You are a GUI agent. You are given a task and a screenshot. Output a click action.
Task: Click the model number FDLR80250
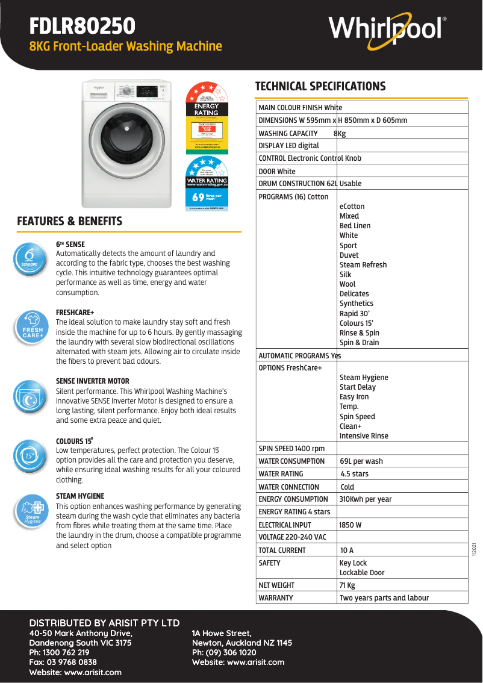83,27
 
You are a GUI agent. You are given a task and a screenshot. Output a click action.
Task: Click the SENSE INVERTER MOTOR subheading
92,381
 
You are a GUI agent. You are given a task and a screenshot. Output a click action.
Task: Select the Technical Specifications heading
320,86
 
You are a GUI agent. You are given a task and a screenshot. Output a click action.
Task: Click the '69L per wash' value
361,461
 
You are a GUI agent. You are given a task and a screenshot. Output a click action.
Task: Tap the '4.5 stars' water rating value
355,474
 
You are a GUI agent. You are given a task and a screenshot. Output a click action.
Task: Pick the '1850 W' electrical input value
351,525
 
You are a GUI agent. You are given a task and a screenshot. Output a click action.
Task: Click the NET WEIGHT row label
276,585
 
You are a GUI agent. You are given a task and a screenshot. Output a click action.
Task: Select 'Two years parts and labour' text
384,598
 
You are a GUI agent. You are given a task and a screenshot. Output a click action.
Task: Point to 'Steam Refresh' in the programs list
363,265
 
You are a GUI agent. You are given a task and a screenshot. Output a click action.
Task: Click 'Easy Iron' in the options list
354,397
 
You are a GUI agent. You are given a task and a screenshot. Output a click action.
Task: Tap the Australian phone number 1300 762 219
59,653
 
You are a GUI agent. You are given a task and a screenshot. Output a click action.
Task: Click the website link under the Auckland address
238,663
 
